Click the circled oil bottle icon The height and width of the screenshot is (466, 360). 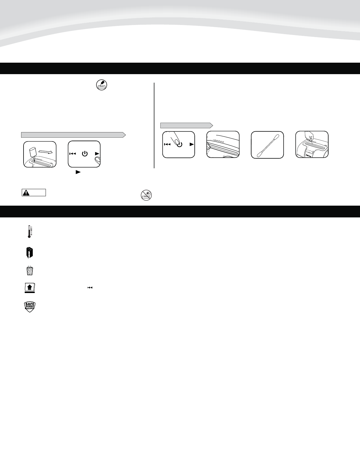point(101,85)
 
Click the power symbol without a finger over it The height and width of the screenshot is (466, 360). point(85,154)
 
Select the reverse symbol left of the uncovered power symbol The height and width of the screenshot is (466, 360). point(73,154)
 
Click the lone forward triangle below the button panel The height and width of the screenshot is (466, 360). point(78,172)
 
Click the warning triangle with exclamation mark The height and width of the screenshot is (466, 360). point(27,193)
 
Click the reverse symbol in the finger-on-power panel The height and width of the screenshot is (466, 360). point(167,144)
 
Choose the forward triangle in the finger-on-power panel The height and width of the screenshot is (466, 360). point(191,144)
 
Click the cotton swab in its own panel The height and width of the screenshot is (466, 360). point(267,145)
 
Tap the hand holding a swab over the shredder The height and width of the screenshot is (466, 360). point(309,136)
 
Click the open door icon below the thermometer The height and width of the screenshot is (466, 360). point(29,253)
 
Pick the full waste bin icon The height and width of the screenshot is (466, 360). point(29,271)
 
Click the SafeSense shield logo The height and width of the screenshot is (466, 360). point(29,306)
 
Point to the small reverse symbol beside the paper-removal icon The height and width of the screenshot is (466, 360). point(90,287)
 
